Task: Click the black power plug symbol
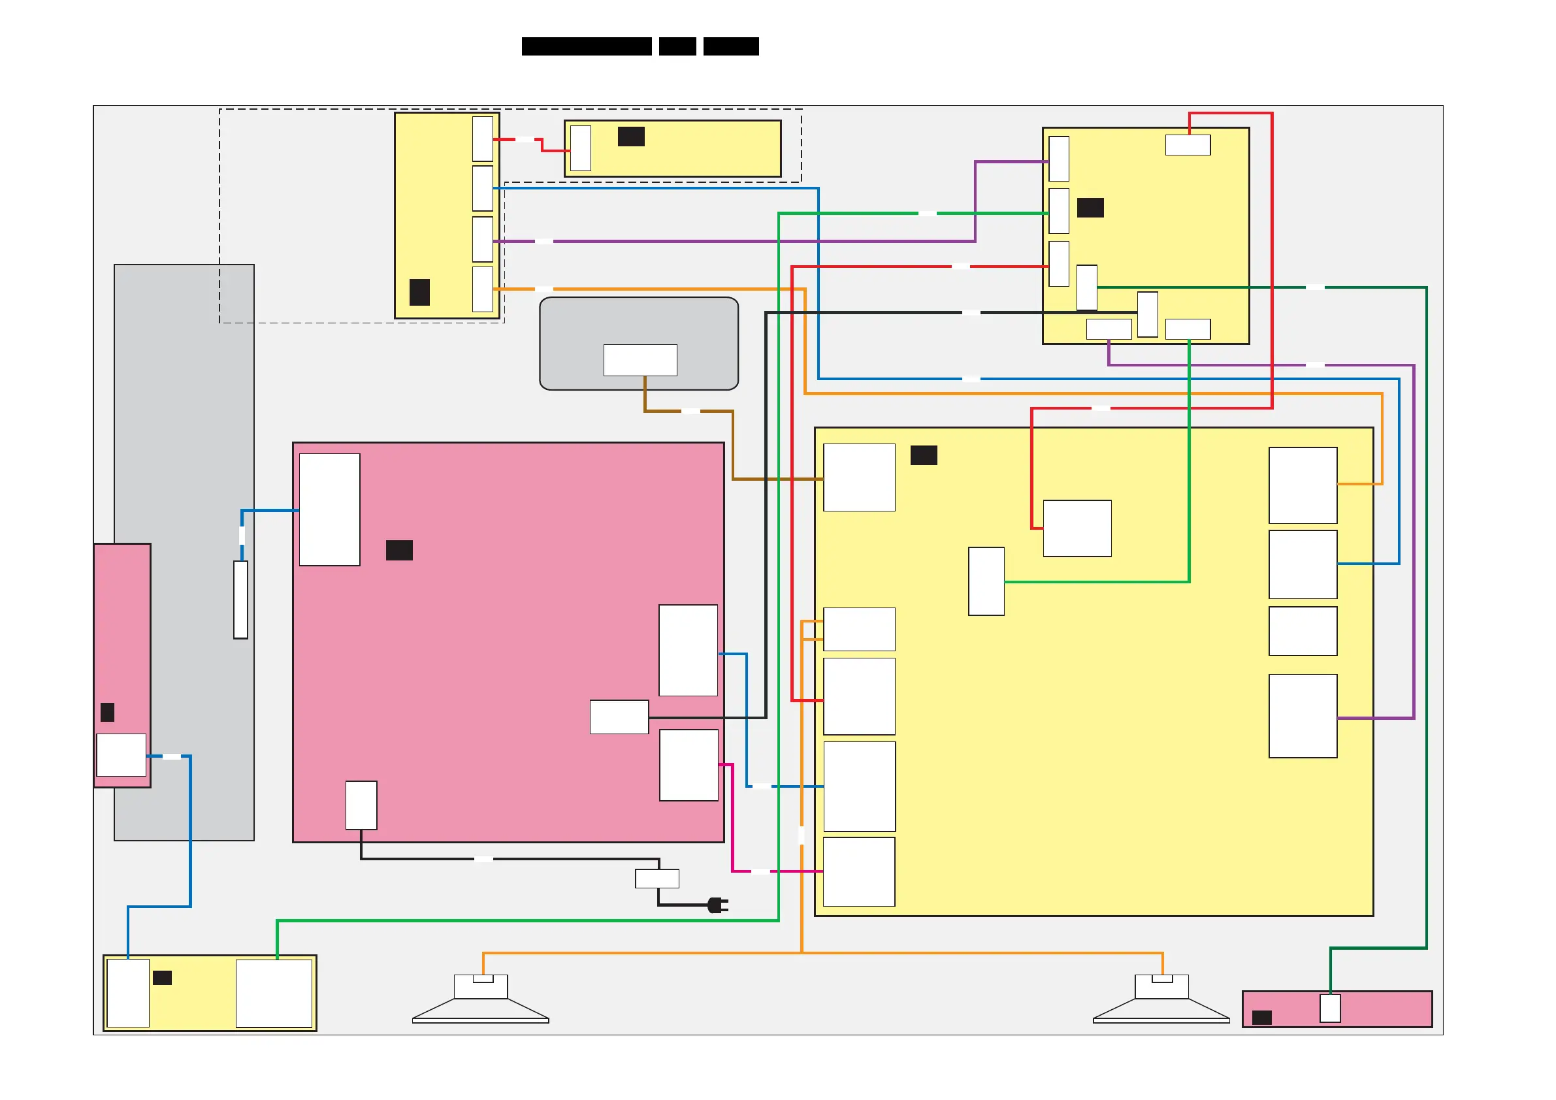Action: pos(717,905)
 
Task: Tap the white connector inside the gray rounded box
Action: pos(640,360)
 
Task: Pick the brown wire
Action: pos(732,440)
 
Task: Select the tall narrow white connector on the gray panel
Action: pos(240,599)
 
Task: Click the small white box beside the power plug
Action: pos(656,879)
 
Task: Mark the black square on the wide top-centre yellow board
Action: pos(631,137)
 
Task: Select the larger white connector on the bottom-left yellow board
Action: pos(274,993)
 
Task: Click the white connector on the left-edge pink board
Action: pos(122,754)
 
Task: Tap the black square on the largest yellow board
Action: pos(923,455)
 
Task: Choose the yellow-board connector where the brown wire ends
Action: pos(858,477)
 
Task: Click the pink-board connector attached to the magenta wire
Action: pos(689,764)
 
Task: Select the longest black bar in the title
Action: pos(586,46)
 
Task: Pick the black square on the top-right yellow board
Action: pos(1090,208)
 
